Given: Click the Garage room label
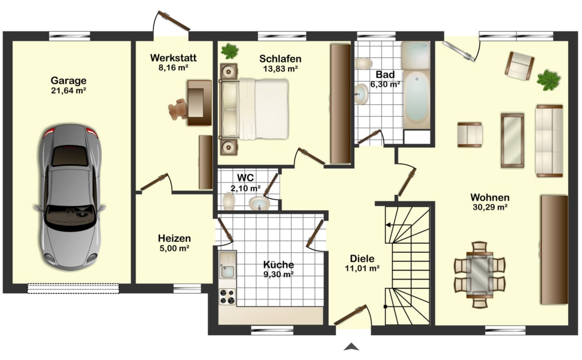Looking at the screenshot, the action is pos(69,80).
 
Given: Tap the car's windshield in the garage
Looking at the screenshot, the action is pos(70,217).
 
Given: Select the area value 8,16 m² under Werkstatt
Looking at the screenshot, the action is pos(173,68).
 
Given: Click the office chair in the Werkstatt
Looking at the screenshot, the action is pos(178,109).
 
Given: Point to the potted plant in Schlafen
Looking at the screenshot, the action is pos(230,51).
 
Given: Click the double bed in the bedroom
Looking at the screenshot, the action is pos(254,109).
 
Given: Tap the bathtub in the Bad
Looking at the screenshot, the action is pos(416,99).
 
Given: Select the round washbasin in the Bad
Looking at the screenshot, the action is pos(361,94).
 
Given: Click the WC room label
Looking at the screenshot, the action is pos(246,178).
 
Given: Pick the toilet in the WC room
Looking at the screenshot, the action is pos(229,201).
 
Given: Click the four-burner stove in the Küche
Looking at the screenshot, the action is pos(227,297).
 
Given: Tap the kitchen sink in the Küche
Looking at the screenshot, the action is pos(228,265).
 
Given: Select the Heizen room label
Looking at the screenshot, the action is pos(174,238).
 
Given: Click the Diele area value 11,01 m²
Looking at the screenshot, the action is pos(362,268).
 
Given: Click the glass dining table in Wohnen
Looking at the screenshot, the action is pos(480,275).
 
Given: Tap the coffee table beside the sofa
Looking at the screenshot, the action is pos(512,140).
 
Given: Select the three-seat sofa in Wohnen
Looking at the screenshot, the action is pos(549,141).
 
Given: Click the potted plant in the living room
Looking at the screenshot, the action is pos(548,80).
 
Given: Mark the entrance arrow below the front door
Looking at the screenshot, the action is pos(351,347).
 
